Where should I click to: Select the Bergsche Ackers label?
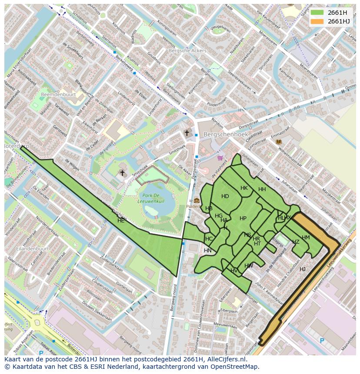click(187, 51)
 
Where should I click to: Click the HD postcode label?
click(225, 196)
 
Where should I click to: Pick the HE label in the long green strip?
click(121, 221)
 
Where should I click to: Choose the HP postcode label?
click(243, 218)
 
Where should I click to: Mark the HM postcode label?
click(306, 238)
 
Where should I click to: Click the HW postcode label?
click(249, 266)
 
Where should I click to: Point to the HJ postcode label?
click(303, 269)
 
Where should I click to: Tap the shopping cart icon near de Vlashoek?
click(220, 158)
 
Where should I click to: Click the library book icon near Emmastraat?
click(279, 142)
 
